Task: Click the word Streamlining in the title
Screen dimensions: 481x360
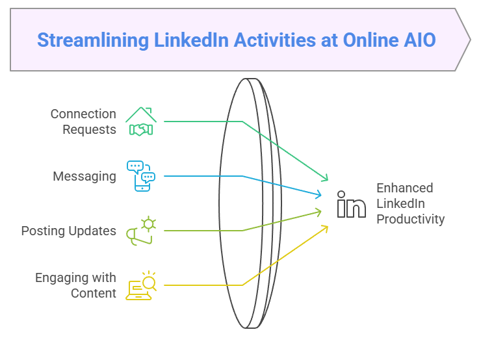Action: click(x=93, y=40)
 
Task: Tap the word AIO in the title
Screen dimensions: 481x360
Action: click(x=421, y=40)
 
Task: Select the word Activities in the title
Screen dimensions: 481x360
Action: click(x=274, y=40)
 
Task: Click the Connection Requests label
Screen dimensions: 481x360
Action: click(x=83, y=122)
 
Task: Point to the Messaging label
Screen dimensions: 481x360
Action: click(x=84, y=177)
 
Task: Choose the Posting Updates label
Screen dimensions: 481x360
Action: click(x=69, y=231)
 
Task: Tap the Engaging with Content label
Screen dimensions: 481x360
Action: click(x=76, y=285)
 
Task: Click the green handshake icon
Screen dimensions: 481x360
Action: click(x=141, y=129)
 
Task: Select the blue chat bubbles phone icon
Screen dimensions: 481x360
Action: click(x=141, y=176)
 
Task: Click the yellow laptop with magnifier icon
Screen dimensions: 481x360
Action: click(x=141, y=286)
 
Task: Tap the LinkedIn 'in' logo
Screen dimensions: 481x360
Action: click(x=351, y=204)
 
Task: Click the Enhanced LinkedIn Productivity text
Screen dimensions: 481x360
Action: click(x=410, y=203)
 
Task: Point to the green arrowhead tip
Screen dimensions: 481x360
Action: click(x=328, y=180)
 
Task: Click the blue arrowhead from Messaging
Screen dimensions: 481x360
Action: click(x=321, y=195)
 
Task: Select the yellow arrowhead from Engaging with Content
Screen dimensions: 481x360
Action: click(x=328, y=227)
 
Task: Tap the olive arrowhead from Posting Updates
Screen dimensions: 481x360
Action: click(x=321, y=212)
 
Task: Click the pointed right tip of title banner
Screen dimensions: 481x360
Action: click(x=470, y=40)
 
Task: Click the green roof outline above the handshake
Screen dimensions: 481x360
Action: click(x=141, y=114)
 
